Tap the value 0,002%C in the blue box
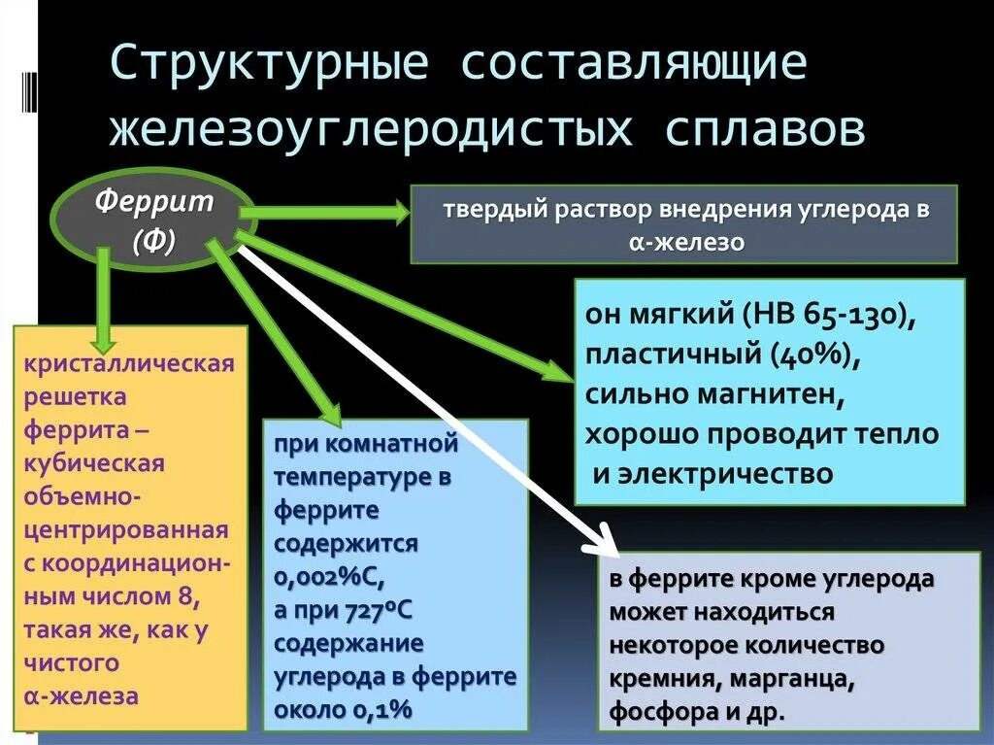click(329, 576)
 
